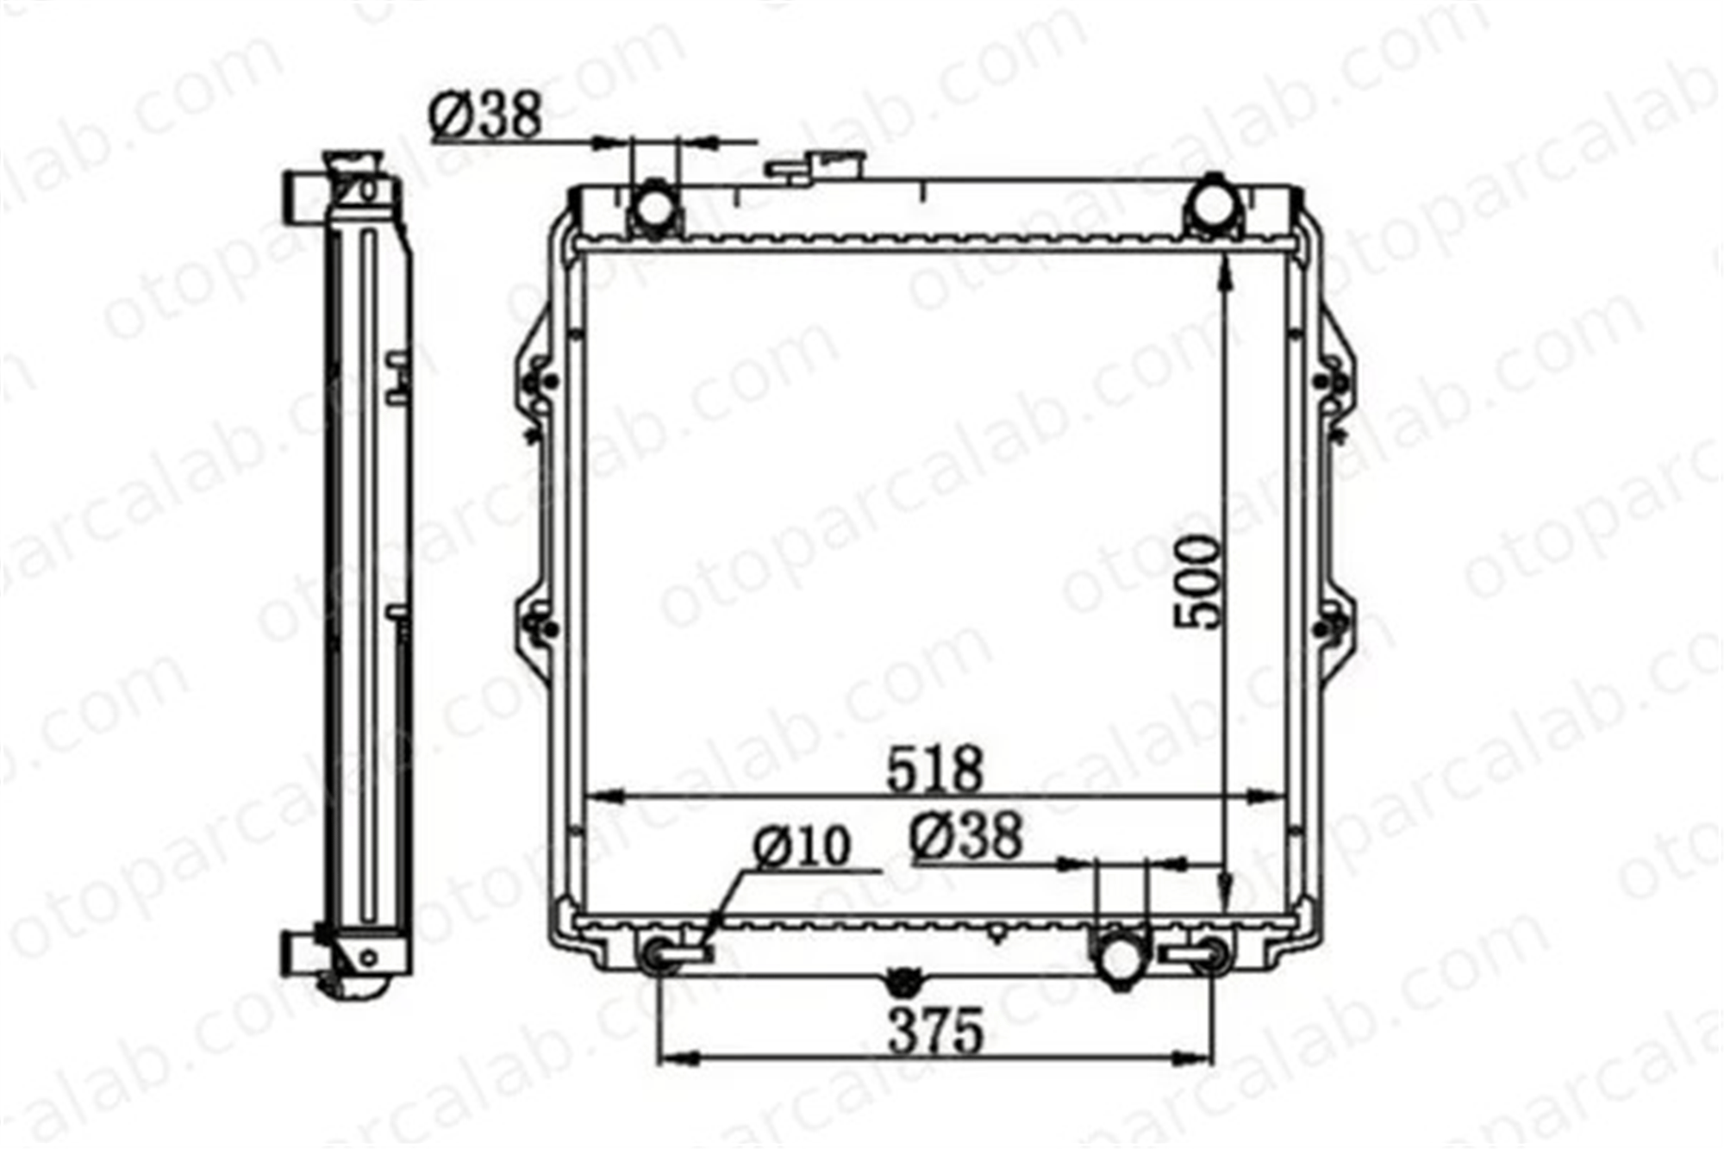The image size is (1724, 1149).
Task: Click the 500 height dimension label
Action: [x=1199, y=582]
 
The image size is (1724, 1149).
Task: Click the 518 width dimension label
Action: [x=935, y=769]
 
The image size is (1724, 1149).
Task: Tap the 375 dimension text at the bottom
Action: [x=936, y=1031]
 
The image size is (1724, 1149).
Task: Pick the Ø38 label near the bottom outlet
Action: [x=966, y=836]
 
